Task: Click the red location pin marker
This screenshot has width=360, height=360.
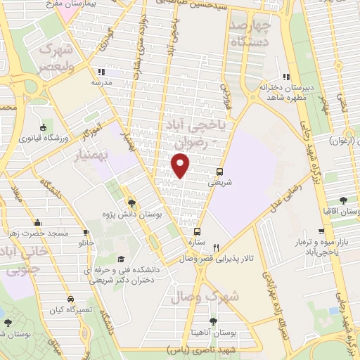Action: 181,166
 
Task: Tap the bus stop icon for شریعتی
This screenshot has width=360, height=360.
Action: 220,171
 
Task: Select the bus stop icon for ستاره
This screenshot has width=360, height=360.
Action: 197,231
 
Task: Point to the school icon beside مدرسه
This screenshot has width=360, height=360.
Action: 101,72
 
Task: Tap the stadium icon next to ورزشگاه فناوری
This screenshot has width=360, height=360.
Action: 44,128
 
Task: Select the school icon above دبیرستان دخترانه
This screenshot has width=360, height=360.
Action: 285,77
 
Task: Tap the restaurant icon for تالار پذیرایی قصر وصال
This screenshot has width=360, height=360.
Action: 217,247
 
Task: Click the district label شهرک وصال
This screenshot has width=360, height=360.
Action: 214,297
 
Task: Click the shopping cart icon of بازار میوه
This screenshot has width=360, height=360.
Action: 321,231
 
